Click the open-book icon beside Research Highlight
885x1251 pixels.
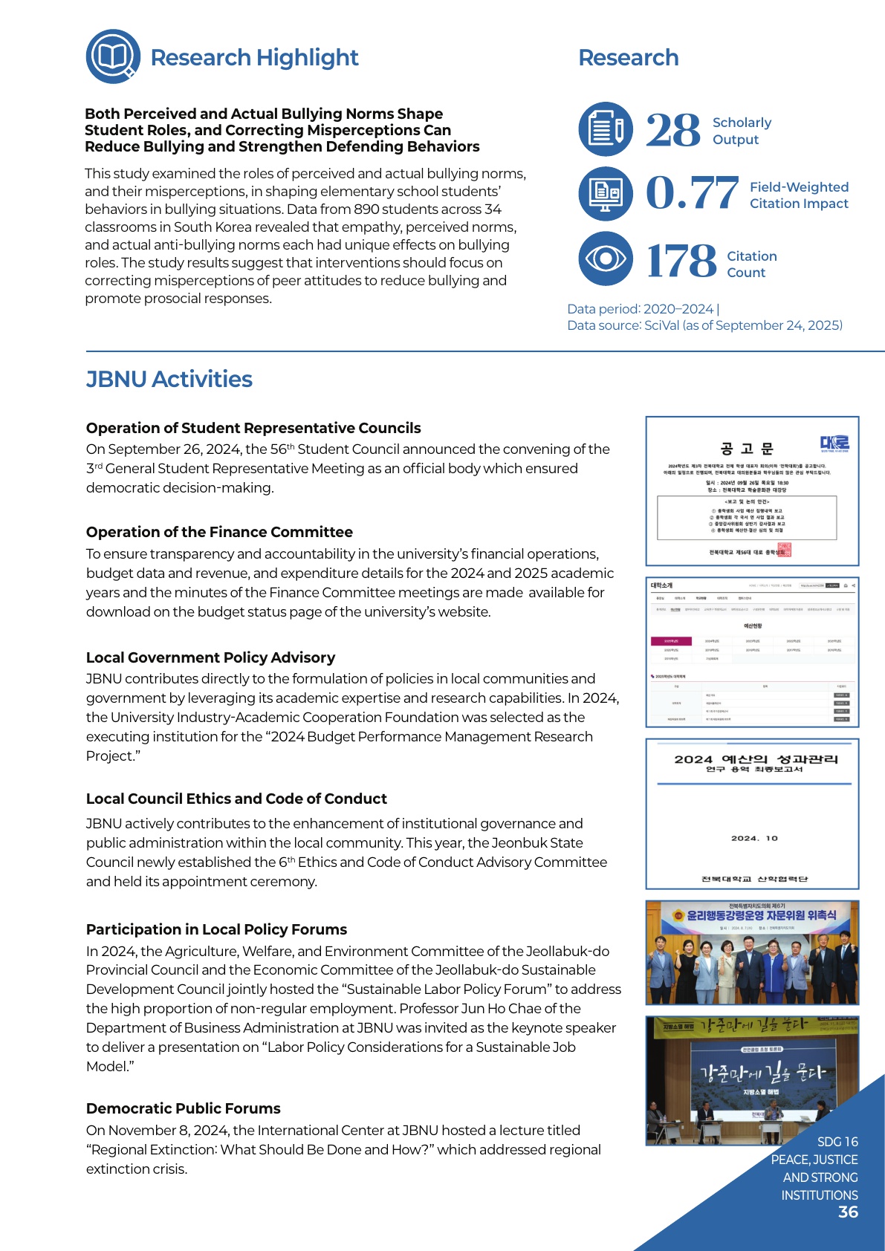click(113, 56)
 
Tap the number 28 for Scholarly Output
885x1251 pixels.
click(672, 130)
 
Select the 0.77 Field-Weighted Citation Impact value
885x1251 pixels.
click(692, 193)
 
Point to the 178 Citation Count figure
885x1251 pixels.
click(681, 261)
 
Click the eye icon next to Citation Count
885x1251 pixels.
click(606, 259)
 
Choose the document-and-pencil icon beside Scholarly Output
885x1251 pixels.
click(606, 129)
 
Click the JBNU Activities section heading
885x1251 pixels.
click(169, 379)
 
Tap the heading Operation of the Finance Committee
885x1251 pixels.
click(219, 532)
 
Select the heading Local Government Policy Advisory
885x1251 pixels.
click(210, 657)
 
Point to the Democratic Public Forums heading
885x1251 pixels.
click(183, 1108)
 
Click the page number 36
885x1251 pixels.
click(848, 1212)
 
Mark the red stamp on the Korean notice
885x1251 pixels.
click(784, 550)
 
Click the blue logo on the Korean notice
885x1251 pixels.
click(834, 443)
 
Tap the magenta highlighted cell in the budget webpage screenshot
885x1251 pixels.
click(671, 640)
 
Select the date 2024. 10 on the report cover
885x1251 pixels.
click(753, 838)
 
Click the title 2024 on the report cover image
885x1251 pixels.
click(693, 759)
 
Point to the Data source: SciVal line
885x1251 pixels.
click(704, 325)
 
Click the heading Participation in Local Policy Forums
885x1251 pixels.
click(216, 929)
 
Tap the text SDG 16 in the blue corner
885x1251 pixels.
click(837, 1142)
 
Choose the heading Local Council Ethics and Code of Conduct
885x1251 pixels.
click(236, 799)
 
